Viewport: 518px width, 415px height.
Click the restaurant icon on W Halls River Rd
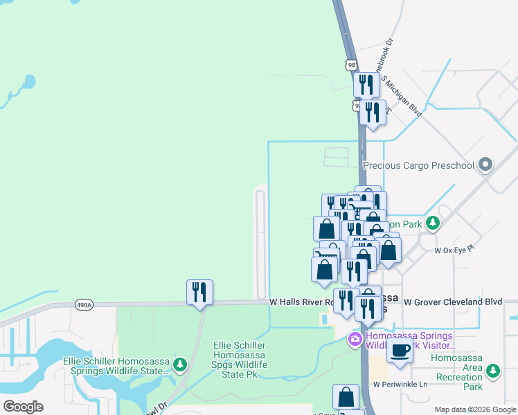pyautogui.click(x=199, y=292)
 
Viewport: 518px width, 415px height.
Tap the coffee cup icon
pyautogui.click(x=400, y=351)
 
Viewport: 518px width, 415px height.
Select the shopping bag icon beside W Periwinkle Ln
pyautogui.click(x=346, y=397)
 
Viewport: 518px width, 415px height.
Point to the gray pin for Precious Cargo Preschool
pyautogui.click(x=485, y=165)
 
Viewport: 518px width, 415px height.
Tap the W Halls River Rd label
pyautogui.click(x=297, y=302)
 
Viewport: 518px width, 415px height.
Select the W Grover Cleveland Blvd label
pyautogui.click(x=453, y=302)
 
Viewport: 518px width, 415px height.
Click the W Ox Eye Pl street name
pyautogui.click(x=454, y=250)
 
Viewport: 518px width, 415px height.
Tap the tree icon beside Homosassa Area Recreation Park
pyautogui.click(x=493, y=371)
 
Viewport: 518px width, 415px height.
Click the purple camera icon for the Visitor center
pyautogui.click(x=354, y=338)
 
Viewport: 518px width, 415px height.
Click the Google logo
pyautogui.click(x=24, y=407)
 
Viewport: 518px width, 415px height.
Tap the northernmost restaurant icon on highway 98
pyautogui.click(x=365, y=84)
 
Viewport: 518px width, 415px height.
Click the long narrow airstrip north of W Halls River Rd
pyautogui.click(x=260, y=243)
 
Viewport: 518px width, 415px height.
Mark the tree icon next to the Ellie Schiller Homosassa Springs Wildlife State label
pyautogui.click(x=180, y=363)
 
